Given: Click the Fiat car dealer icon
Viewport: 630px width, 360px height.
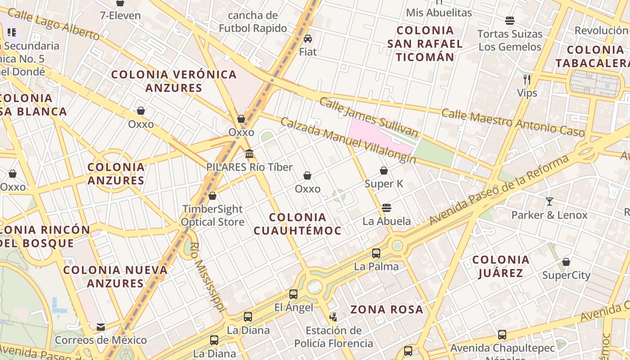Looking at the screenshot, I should [308, 39].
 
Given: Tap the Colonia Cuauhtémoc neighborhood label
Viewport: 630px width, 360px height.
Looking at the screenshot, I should [297, 224].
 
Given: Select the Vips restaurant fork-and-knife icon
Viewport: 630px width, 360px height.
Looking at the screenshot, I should [527, 80].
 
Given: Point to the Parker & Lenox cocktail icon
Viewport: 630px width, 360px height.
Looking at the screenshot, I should [549, 202].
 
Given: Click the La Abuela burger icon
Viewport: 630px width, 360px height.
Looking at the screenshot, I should [386, 208].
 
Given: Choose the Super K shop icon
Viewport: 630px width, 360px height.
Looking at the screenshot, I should [384, 171].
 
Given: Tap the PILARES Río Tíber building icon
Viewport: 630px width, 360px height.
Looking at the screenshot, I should [249, 154].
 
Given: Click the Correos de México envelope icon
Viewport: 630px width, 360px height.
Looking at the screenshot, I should [101, 327].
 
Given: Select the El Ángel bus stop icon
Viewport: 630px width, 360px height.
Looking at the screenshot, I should [293, 294].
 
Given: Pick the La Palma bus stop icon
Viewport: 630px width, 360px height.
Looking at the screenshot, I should [376, 253].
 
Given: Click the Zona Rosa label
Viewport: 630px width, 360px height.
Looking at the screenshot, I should [387, 310].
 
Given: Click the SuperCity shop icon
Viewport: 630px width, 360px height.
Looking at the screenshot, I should [566, 262].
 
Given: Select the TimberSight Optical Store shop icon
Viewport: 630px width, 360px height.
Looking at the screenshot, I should [212, 196].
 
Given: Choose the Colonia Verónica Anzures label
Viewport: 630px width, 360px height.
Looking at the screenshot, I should [174, 81].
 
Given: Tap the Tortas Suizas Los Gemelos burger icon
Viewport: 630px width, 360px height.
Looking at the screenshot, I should [510, 21].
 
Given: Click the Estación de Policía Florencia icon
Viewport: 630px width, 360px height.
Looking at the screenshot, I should [333, 317].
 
